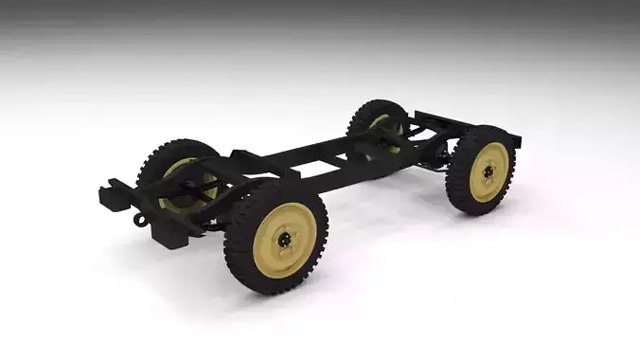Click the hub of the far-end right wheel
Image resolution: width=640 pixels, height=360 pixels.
pyautogui.click(x=489, y=172)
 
